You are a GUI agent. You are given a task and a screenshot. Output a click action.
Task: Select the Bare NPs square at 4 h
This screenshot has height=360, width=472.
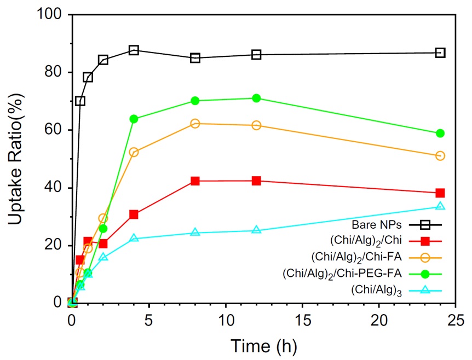(x=134, y=50)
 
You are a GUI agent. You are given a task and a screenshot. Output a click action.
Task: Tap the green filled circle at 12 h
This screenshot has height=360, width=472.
(x=256, y=98)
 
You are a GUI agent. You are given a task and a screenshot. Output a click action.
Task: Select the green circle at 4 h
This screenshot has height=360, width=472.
(x=134, y=119)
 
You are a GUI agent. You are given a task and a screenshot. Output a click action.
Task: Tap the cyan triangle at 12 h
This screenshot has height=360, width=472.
(x=256, y=230)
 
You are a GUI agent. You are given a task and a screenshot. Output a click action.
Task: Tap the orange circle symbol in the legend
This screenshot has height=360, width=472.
(x=432, y=256)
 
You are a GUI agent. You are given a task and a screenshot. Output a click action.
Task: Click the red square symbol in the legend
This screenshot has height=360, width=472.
(x=432, y=240)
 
